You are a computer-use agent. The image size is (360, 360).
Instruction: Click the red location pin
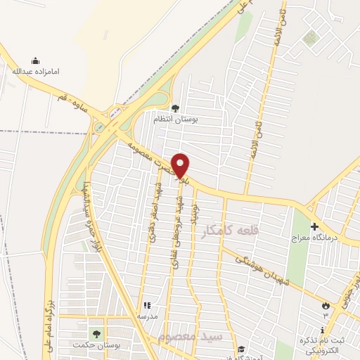[181, 165]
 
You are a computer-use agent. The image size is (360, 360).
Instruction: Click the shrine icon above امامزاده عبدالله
[36, 61]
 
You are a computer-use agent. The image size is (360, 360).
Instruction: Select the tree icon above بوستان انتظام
[175, 108]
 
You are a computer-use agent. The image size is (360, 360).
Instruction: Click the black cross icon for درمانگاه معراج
[314, 227]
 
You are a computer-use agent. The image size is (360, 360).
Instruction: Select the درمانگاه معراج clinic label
[315, 238]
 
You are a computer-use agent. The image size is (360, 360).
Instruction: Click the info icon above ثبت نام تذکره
[322, 330]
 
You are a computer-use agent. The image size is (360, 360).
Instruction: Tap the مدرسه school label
[147, 316]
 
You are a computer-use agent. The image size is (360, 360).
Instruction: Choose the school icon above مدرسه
[147, 305]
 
